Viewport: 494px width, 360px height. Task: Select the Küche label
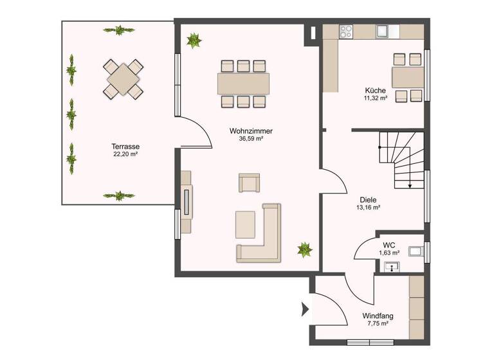pos(375,90)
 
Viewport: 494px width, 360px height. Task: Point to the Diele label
pos(368,199)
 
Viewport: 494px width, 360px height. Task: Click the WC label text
pos(389,244)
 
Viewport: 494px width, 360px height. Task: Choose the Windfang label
pos(378,316)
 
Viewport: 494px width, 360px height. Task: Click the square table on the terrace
pos(122,78)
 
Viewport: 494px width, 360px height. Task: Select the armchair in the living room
pos(250,183)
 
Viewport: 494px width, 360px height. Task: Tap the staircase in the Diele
pos(401,159)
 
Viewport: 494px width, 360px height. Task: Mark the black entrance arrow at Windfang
pos(306,310)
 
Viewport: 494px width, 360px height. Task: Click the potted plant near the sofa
pos(302,249)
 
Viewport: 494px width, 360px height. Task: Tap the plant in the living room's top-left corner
pos(192,40)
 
